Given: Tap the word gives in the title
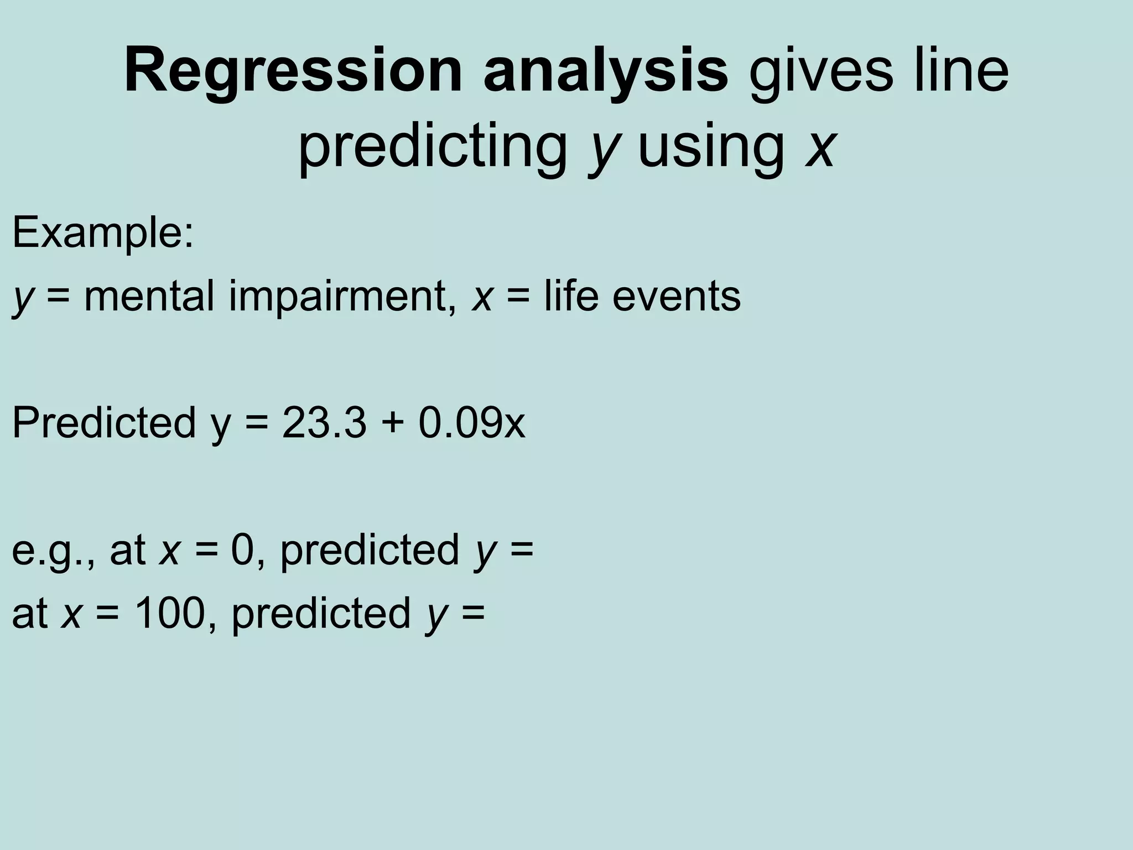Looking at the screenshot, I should pyautogui.click(x=821, y=72).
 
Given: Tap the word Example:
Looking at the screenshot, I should pyautogui.click(x=103, y=232).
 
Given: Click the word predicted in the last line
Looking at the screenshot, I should pyautogui.click(x=321, y=613).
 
